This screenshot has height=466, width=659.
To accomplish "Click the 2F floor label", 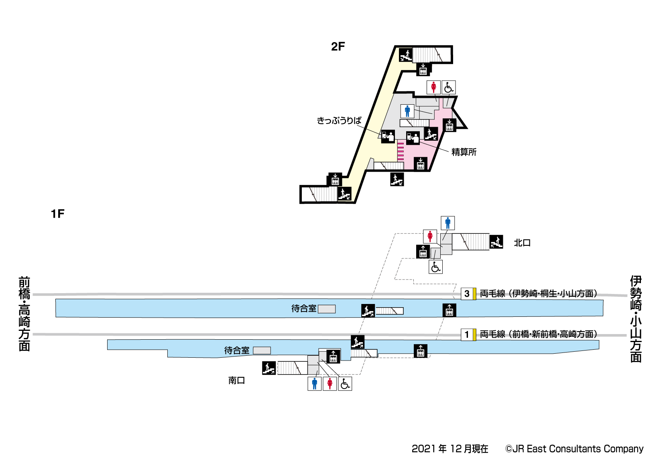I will [x=338, y=47].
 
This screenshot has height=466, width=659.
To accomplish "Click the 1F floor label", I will [x=57, y=214].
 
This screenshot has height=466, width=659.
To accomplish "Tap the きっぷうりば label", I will [x=339, y=120].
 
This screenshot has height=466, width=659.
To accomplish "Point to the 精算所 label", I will [x=464, y=152].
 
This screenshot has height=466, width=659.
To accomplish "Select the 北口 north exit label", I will [x=522, y=243].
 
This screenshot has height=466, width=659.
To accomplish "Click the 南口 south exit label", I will [x=236, y=380].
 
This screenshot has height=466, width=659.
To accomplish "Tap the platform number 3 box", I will [x=467, y=294].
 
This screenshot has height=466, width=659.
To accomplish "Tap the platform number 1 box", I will [x=467, y=334].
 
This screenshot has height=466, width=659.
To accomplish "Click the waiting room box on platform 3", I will [x=327, y=309].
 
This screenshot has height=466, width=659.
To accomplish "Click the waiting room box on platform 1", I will [x=262, y=351].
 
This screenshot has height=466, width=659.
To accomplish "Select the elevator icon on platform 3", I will [x=449, y=310].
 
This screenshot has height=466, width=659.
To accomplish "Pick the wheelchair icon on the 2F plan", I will [x=449, y=87].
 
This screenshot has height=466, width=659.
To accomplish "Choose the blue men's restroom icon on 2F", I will [x=407, y=111].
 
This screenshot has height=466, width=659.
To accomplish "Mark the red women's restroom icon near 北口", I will [x=430, y=236].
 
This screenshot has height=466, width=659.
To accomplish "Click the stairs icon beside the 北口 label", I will [x=496, y=242].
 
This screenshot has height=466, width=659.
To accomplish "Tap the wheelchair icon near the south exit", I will [x=345, y=384].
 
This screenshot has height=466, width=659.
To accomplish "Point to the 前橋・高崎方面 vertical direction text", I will [x=24, y=314].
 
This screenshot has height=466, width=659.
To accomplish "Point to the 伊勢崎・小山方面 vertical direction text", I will [x=636, y=319].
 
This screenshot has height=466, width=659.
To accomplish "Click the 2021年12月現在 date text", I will [x=450, y=449].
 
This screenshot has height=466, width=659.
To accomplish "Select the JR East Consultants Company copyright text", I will [x=574, y=449].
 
